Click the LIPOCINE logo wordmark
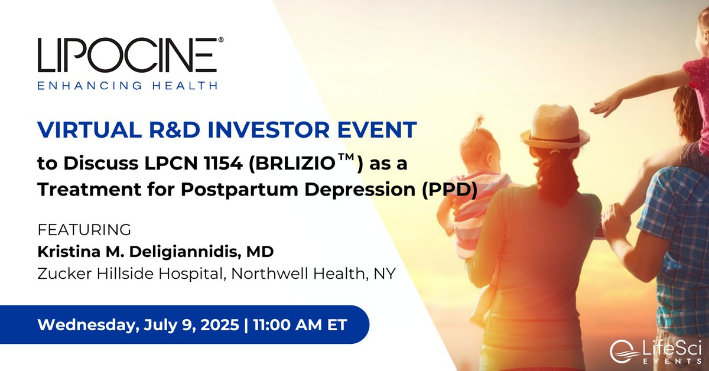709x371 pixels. point(127,55)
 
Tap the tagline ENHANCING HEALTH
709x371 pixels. point(127,85)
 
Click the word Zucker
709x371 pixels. point(63,275)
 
